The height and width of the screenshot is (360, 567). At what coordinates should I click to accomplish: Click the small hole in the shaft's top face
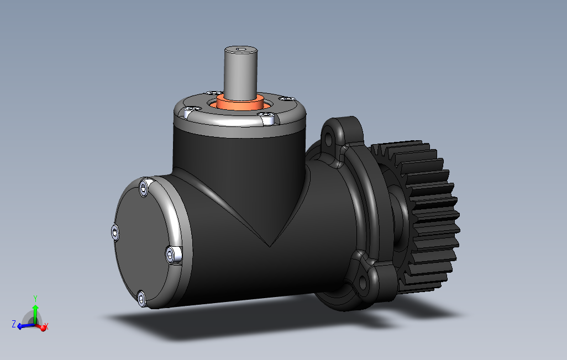[x=242, y=50]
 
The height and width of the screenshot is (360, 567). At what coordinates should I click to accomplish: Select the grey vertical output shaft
[x=241, y=72]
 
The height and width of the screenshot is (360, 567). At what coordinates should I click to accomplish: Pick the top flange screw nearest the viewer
[x=268, y=117]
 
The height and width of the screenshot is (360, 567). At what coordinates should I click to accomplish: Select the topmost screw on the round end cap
[x=145, y=188]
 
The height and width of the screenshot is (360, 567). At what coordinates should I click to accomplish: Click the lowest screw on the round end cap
[x=141, y=299]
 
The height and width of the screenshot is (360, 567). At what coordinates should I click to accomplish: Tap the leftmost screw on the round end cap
[x=115, y=232]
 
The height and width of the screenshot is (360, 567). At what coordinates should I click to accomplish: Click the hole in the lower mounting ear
[x=363, y=284]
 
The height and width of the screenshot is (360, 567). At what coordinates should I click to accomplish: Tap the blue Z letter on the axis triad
[x=13, y=324]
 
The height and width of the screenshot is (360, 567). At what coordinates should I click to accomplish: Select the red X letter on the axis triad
[x=46, y=327]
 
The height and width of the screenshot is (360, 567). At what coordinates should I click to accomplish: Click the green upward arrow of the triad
[x=35, y=311]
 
